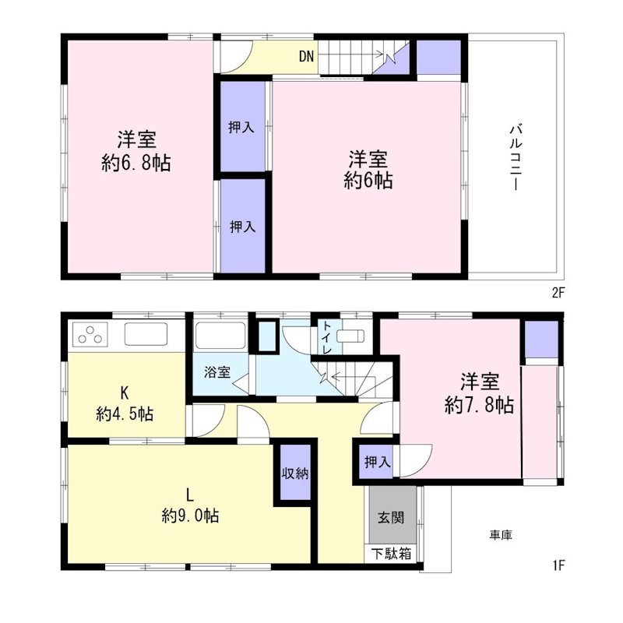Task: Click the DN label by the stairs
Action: pyautogui.click(x=306, y=56)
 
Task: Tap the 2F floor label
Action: pyautogui.click(x=558, y=293)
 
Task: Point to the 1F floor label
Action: pyautogui.click(x=558, y=565)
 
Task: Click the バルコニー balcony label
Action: pyautogui.click(x=516, y=158)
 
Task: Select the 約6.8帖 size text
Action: pyautogui.click(x=136, y=163)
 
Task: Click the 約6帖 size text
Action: pyautogui.click(x=368, y=181)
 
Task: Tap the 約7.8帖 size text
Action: pyautogui.click(x=479, y=405)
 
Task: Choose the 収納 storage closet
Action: pyautogui.click(x=295, y=473)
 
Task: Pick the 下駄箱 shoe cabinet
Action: pyautogui.click(x=392, y=554)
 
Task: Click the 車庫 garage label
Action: pyautogui.click(x=501, y=535)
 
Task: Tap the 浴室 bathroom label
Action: pyautogui.click(x=217, y=372)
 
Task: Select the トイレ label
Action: pyautogui.click(x=327, y=338)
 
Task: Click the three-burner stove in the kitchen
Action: pyautogui.click(x=90, y=334)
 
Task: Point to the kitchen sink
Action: pyautogui.click(x=146, y=334)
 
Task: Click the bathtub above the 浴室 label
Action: pyautogui.click(x=220, y=336)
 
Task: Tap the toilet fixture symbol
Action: pyautogui.click(x=350, y=336)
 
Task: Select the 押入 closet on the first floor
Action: pyautogui.click(x=377, y=462)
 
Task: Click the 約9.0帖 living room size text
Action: pyautogui.click(x=190, y=516)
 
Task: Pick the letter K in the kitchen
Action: pyautogui.click(x=125, y=393)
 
